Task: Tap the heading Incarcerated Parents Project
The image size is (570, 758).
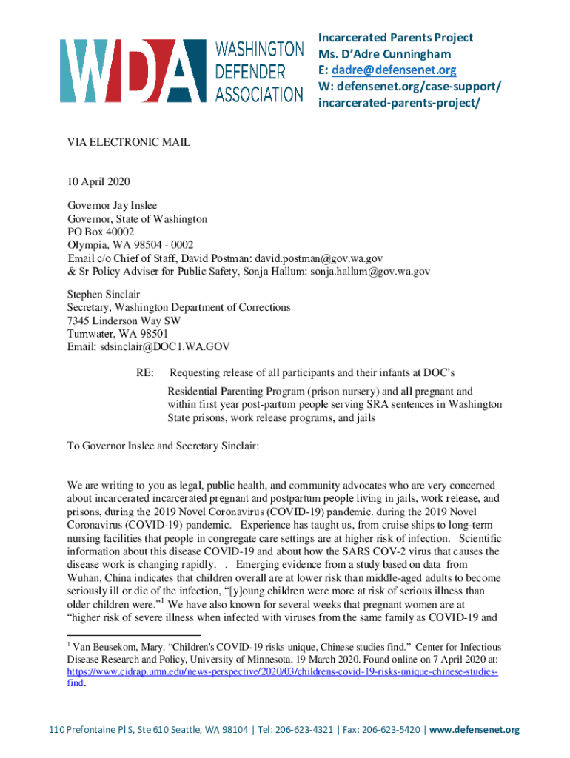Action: coord(395,38)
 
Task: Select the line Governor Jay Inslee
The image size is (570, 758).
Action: coord(113,205)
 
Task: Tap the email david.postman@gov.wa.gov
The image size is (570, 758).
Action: coord(319,258)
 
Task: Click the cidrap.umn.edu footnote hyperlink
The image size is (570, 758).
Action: coord(282,672)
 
